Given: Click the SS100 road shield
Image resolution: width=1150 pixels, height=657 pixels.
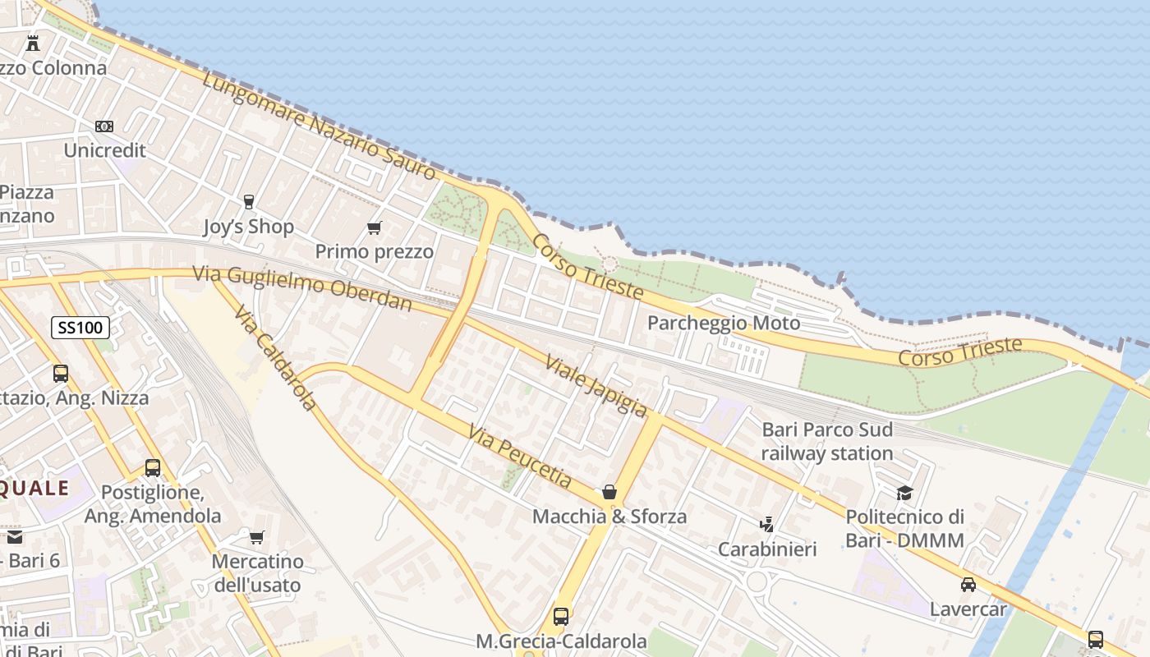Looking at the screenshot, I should point(80,328).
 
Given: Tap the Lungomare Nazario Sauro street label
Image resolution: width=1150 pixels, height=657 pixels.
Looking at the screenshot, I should point(319,126).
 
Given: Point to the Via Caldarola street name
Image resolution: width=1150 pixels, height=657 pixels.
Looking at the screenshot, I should point(274,358).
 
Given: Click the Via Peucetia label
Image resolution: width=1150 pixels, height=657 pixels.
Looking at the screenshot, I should point(520,456).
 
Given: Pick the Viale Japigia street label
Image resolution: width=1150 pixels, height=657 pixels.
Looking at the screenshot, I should point(596,385).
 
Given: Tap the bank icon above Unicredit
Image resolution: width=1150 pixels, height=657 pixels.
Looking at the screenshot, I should point(104,126).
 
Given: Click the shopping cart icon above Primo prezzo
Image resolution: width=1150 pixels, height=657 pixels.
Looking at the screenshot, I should point(375,227).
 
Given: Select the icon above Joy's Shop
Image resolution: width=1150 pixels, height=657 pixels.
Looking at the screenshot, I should point(248,201).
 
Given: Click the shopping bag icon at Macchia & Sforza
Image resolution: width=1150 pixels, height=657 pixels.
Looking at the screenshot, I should point(609,492).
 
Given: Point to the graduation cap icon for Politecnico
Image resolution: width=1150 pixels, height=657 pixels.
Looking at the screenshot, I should point(904,493).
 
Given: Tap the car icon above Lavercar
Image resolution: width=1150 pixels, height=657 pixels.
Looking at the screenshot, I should point(968,585).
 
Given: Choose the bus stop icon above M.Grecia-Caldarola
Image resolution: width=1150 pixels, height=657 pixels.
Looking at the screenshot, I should point(561,616).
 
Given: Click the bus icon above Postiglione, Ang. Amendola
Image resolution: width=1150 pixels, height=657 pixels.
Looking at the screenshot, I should point(153,468).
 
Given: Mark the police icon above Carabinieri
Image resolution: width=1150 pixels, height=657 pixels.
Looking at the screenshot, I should point(767,524).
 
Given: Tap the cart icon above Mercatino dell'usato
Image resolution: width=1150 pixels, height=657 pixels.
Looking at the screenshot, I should point(257,537).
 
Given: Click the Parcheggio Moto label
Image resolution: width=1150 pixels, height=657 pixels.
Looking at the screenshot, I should point(723,323).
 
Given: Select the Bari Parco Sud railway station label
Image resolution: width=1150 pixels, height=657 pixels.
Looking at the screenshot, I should point(826,441).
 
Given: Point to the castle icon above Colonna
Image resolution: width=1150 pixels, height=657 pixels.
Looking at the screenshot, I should point(33,43).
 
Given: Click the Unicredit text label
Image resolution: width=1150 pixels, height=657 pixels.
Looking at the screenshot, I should point(104,150).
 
